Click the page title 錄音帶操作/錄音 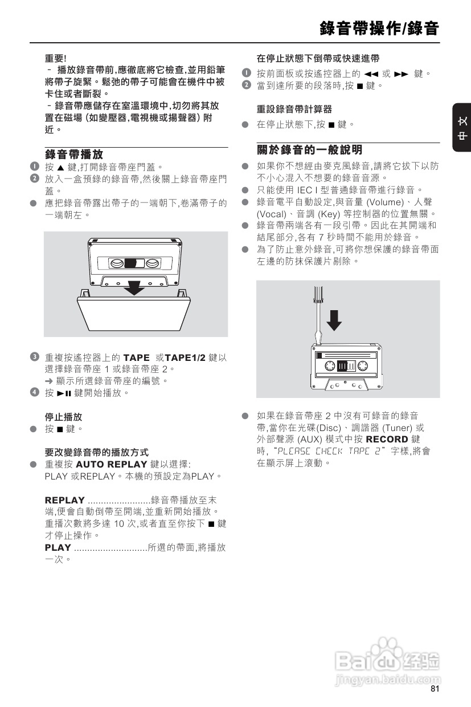[379, 27]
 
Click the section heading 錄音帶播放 [74, 154]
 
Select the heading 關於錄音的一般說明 [309, 150]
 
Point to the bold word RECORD [387, 439]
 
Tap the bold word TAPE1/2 [185, 357]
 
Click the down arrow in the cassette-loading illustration [134, 287]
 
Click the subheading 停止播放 [63, 417]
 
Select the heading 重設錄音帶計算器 [294, 109]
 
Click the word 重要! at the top [56, 58]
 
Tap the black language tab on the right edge [462, 128]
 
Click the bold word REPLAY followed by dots [65, 500]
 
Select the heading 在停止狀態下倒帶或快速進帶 [318, 58]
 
